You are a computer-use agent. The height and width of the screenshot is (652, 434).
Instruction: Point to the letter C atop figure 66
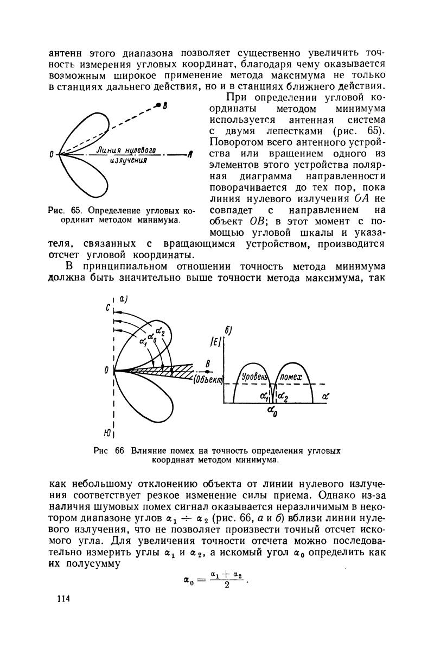coord(109,308)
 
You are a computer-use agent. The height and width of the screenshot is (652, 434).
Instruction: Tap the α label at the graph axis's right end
coord(325,397)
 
